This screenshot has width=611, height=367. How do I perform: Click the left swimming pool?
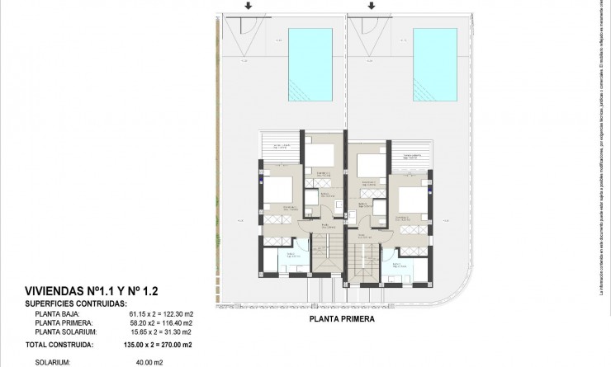coord(310,63)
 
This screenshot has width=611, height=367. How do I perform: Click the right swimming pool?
coord(435,63)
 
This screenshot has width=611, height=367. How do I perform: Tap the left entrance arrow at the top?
coord(246,7)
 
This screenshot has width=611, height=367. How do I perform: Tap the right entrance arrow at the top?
coord(372,7)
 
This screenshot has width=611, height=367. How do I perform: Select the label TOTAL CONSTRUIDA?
coord(59,345)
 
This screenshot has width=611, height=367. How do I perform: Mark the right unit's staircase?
coord(361,261)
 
